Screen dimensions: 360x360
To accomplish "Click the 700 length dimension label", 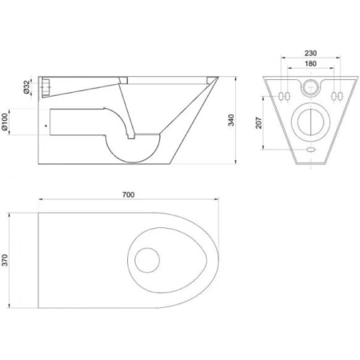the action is click(128, 195).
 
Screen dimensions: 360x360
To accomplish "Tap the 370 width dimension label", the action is click(5, 260).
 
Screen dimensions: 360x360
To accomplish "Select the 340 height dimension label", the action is click(231, 120).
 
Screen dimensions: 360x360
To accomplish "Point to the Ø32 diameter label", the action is click(26, 87).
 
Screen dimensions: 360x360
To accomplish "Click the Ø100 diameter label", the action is click(5, 122).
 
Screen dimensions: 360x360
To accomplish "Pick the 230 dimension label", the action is click(310, 54).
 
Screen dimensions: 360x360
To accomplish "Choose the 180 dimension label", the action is click(310, 64).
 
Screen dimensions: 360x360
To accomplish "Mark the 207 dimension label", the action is click(259, 122).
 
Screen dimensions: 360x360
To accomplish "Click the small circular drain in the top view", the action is click(147, 260).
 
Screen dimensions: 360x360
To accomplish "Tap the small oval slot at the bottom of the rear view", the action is click(310, 150).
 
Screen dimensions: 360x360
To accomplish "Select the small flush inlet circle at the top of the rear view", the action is click(310, 87).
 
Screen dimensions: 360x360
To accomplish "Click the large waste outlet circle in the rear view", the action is click(310, 122).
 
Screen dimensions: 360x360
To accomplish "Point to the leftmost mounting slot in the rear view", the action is click(281, 96).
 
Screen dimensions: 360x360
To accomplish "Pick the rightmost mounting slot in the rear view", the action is click(340, 96).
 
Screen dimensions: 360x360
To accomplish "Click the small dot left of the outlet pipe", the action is click(46, 126).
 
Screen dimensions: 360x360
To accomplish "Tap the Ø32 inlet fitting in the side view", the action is click(46, 87).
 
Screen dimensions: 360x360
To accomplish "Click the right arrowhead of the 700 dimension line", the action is click(217, 199).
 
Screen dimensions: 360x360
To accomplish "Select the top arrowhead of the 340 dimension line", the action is click(236, 78).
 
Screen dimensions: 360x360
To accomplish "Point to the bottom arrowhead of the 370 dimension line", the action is click(10, 306).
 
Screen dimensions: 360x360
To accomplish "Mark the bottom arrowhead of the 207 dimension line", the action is click(263, 147).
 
